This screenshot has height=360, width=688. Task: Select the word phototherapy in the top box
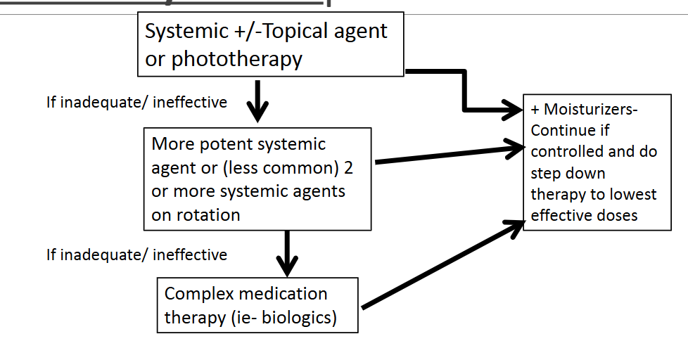point(236,59)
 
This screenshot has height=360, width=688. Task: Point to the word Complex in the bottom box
point(196,293)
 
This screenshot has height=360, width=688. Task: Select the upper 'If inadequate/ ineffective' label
point(136,103)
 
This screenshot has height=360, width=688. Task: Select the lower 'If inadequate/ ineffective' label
point(136,254)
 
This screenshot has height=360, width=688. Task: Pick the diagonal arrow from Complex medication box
point(443,264)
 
